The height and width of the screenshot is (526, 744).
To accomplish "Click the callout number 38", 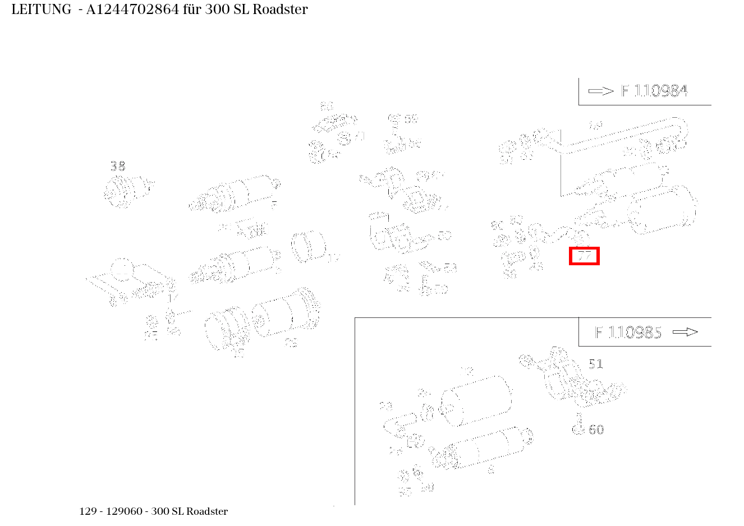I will (118, 166).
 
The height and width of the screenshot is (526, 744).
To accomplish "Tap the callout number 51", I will (595, 364).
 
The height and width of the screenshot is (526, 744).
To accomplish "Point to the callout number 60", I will (596, 430).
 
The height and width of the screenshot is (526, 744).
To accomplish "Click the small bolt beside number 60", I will (578, 425).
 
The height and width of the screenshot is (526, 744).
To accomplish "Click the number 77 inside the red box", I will (585, 256).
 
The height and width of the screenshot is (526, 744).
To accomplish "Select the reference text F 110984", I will (654, 91).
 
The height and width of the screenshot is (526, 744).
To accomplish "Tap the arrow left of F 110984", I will (601, 91).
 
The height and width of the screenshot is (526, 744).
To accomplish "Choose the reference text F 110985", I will (628, 333).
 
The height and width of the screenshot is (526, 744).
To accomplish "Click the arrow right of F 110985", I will (685, 332).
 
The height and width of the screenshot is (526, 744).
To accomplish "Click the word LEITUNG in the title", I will (42, 10).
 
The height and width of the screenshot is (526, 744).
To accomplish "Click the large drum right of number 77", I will (662, 210).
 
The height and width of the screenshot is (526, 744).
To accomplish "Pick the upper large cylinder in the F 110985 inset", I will (477, 399).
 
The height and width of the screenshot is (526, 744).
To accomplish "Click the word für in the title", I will (192, 10).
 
